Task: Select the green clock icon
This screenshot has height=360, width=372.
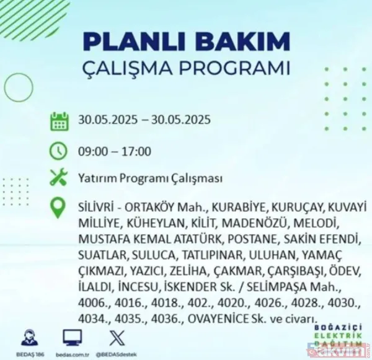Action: coord(58,150)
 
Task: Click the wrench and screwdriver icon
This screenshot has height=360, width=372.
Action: coord(58,179)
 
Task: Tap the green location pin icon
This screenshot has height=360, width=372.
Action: coord(58,208)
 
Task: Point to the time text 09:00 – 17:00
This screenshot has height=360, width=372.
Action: coord(115,151)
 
